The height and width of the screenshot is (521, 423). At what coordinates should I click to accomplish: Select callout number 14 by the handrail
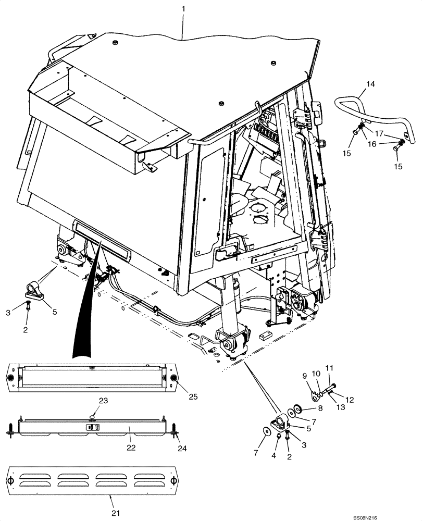(x=370, y=84)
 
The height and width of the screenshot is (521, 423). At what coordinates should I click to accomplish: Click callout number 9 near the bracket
(x=304, y=375)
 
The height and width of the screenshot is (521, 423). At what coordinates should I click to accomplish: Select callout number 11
(x=328, y=369)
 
